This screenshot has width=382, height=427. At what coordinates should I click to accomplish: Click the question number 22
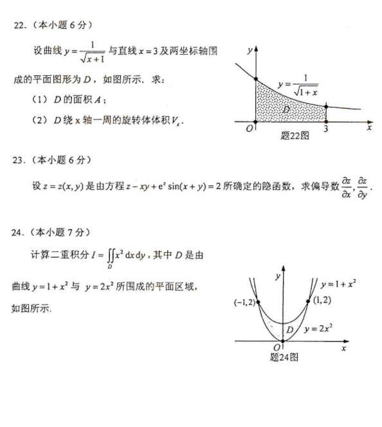point(19,25)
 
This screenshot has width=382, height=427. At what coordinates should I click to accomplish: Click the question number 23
point(19,159)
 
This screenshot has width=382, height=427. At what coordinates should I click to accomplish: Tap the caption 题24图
point(284,358)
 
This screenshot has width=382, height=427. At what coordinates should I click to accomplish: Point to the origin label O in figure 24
point(276,348)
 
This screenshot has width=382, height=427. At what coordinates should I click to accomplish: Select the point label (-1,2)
point(245,302)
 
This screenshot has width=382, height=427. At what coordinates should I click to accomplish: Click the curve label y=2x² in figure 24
point(318,328)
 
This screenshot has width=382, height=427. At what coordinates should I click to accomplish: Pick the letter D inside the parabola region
point(290,330)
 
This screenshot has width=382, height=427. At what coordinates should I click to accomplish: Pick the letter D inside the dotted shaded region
point(285,109)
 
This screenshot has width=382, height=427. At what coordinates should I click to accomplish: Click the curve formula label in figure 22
point(297,86)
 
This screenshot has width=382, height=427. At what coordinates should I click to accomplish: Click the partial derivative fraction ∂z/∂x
point(346,187)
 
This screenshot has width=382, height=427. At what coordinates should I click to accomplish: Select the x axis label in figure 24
point(343,348)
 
